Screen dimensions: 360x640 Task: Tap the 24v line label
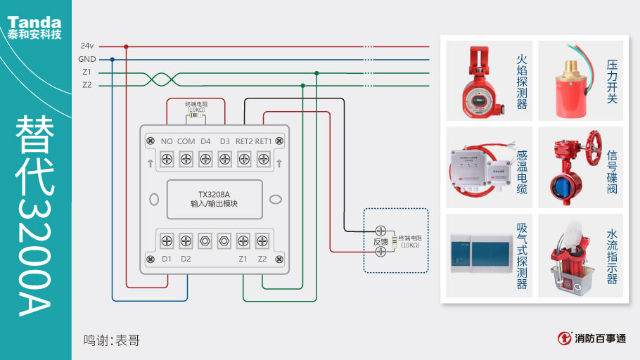point(87,46)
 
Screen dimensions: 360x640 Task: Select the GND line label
point(87,59)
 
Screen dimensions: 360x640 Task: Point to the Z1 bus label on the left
point(87,72)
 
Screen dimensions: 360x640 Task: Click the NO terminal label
point(167,141)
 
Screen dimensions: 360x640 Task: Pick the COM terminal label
point(186,141)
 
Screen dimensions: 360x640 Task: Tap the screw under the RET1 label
point(263,160)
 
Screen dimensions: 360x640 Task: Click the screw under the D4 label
point(205,160)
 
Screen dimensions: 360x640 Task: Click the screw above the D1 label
point(167,240)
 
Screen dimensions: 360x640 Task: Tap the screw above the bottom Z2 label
point(262,240)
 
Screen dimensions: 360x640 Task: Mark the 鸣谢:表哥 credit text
point(112,340)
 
